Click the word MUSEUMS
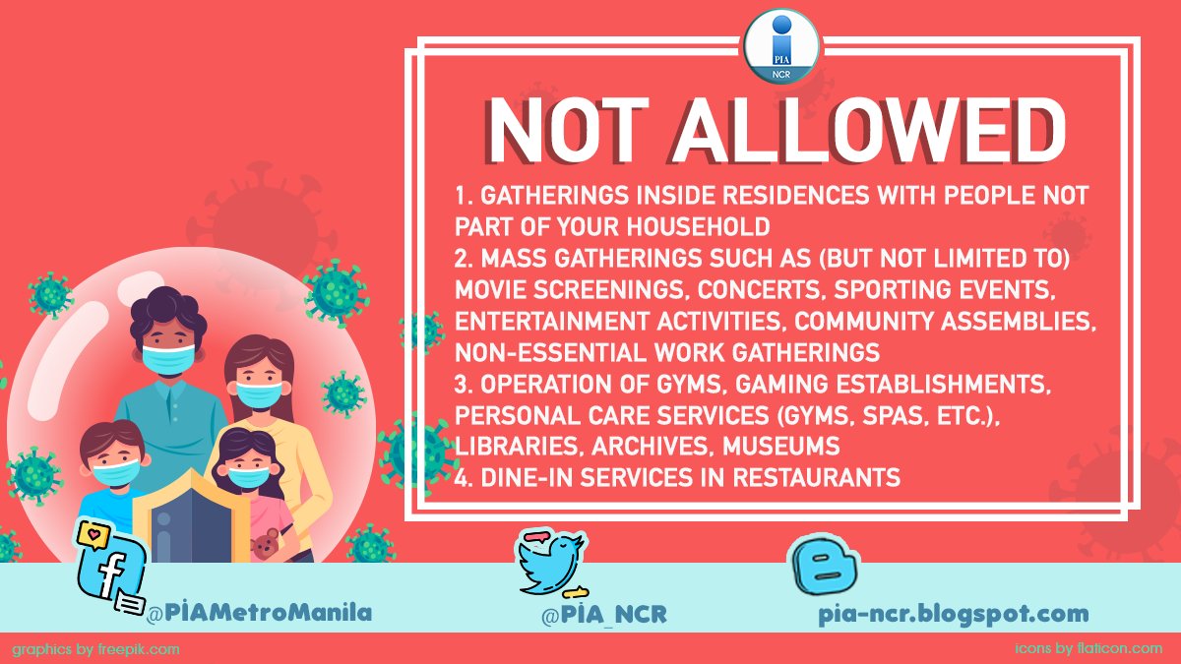click(781, 447)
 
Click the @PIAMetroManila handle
click(259, 613)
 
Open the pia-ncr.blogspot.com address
click(953, 615)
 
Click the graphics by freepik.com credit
click(96, 649)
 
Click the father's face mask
click(168, 358)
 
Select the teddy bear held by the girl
click(264, 544)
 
